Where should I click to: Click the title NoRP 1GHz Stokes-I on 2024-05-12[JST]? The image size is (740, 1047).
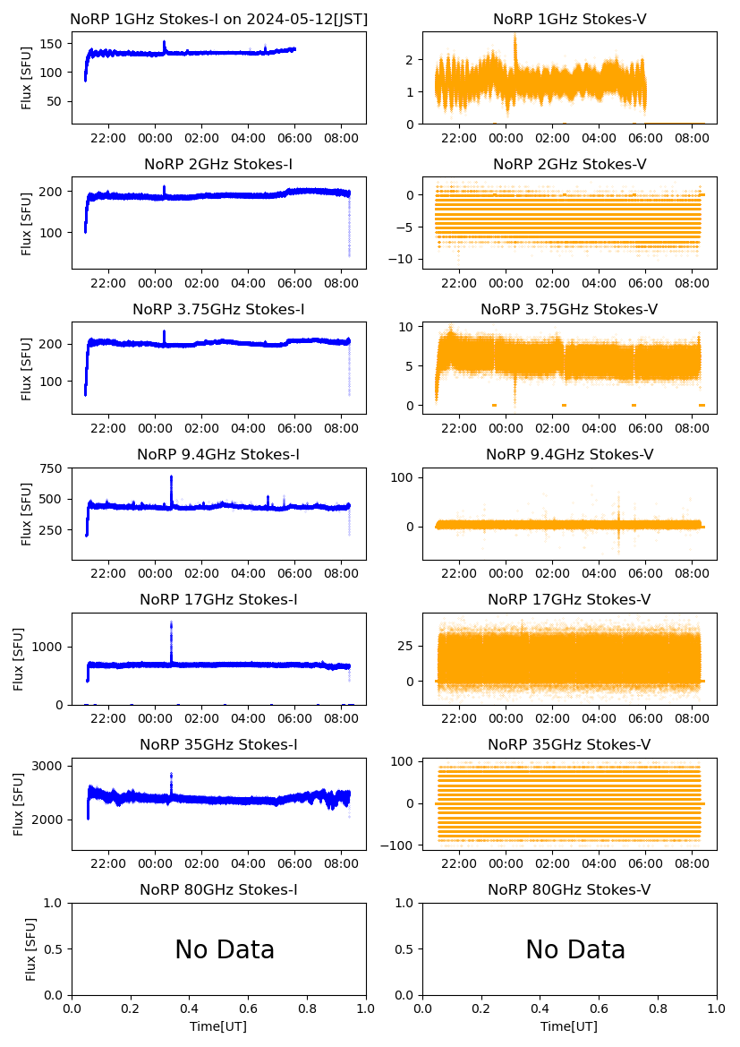218,20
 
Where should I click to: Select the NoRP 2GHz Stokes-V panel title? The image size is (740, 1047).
569,165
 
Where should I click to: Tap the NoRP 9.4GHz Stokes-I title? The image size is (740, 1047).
218,455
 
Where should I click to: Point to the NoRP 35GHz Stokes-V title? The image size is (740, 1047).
569,745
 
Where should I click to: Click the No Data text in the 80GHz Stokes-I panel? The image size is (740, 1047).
225,949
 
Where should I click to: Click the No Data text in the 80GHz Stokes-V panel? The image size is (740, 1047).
575,949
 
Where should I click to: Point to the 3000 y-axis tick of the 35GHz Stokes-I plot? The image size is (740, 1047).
49,766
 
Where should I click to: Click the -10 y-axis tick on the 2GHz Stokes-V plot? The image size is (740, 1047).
404,260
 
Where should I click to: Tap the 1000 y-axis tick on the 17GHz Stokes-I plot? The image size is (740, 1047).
49,647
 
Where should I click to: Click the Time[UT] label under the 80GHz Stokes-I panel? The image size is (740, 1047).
218,1026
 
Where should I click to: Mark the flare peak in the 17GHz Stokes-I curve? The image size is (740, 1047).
171,623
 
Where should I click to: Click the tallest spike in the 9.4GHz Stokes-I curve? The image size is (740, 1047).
171,476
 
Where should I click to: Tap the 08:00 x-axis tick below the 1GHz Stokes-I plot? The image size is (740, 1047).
342,138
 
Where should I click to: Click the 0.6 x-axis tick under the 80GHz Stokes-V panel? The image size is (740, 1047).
600,1008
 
